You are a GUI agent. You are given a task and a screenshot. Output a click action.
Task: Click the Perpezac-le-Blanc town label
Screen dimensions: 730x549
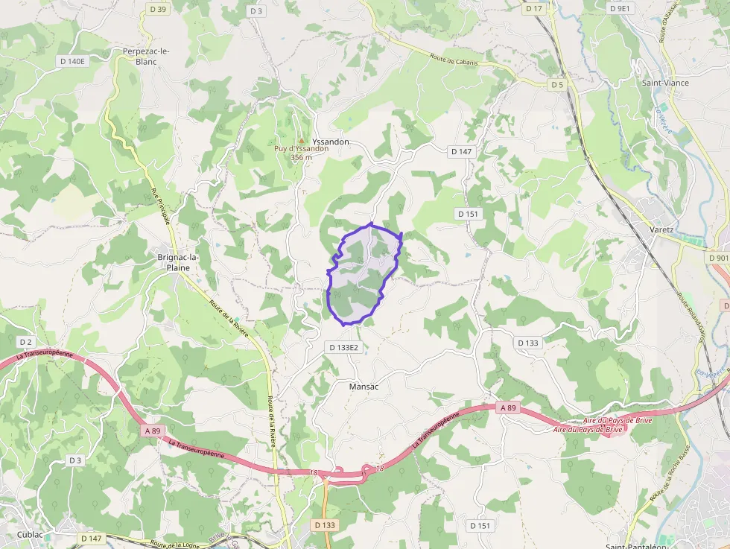click(146, 56)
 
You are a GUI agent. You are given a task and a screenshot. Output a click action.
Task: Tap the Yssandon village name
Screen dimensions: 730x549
click(331, 141)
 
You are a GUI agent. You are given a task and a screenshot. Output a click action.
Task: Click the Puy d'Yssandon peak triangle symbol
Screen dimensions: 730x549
click(301, 139)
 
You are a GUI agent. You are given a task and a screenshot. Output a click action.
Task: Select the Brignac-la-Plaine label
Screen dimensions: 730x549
click(178, 262)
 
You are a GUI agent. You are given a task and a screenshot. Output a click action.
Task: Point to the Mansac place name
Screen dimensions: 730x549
click(364, 387)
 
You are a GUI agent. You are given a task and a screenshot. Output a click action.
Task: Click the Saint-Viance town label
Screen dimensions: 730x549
click(665, 83)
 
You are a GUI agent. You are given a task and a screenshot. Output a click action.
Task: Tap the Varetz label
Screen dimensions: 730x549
click(661, 229)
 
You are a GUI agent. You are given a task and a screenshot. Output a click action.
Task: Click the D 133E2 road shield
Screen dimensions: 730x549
click(344, 347)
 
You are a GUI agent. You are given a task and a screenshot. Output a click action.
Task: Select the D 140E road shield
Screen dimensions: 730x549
click(72, 61)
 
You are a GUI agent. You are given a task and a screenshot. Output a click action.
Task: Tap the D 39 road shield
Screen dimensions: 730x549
click(158, 9)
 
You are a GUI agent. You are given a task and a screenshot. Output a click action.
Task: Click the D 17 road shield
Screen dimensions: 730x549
click(533, 9)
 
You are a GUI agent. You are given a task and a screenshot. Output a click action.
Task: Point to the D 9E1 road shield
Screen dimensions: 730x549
click(619, 9)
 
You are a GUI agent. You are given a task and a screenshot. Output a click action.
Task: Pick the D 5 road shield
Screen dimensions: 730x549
click(557, 85)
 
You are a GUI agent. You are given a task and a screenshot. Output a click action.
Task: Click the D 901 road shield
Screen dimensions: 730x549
click(718, 258)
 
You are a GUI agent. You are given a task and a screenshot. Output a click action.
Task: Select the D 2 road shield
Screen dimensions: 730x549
click(25, 342)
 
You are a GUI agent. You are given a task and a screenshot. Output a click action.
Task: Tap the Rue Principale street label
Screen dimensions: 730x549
click(161, 206)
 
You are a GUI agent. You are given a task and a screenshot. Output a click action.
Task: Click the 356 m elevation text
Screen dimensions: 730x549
click(301, 157)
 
